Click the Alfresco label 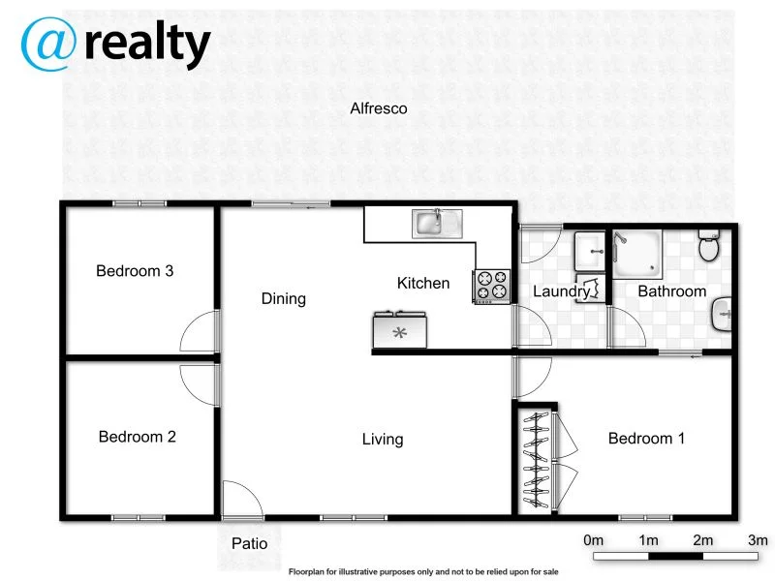tap(378, 108)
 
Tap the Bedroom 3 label tap(135, 271)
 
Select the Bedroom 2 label tap(138, 437)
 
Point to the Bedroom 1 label tap(646, 439)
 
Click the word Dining tap(284, 298)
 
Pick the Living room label tap(383, 440)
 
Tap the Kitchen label tap(423, 283)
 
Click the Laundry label tap(562, 290)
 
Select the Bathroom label tap(671, 290)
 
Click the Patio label tap(249, 543)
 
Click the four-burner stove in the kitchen tap(491, 286)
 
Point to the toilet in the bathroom tap(710, 247)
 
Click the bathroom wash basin tap(721, 314)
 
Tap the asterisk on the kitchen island tap(399, 333)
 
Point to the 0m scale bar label tap(594, 539)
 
